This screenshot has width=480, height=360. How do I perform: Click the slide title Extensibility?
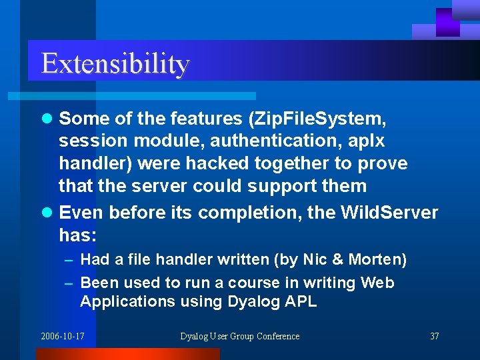point(115,64)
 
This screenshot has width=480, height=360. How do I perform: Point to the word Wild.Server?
point(389,213)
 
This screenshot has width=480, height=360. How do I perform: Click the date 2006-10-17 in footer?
point(63,336)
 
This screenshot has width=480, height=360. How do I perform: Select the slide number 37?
point(434,336)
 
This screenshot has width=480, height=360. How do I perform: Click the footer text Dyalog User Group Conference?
point(240,336)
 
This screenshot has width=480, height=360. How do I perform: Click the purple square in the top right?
point(447,22)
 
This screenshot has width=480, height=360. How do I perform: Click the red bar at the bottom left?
point(127,354)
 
